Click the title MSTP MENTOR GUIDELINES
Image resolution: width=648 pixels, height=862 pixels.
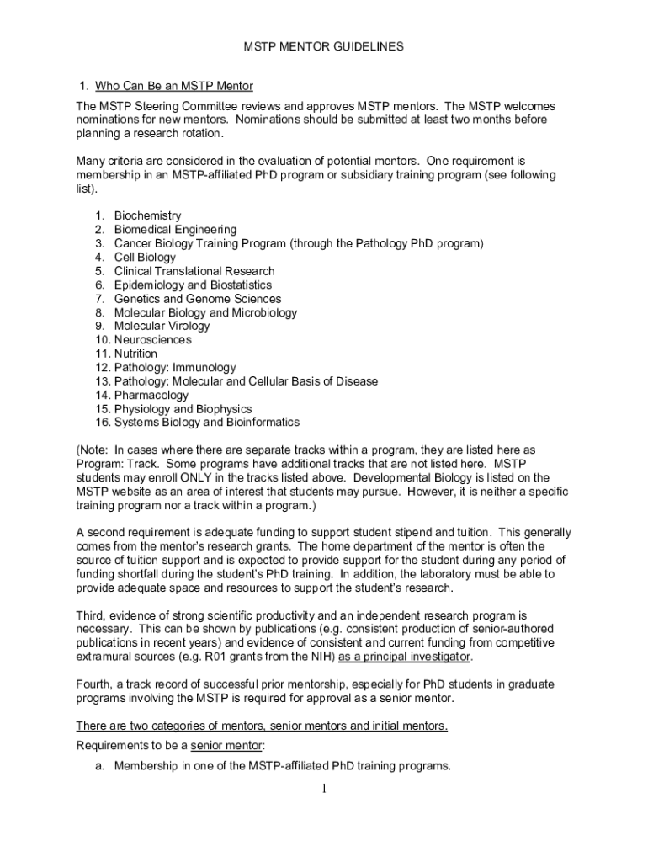click(x=323, y=47)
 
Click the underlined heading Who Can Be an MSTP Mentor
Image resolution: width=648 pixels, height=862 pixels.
click(x=173, y=86)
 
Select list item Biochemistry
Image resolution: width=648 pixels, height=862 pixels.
click(x=147, y=216)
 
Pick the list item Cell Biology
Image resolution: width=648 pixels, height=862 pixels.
click(x=145, y=258)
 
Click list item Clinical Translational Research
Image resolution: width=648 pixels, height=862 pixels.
click(x=194, y=271)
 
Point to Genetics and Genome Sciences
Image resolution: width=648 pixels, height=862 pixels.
click(x=197, y=299)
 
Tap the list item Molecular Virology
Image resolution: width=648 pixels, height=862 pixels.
click(x=162, y=326)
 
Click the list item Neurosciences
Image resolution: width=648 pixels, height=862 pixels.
click(x=152, y=340)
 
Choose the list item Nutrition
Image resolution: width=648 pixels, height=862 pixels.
click(x=135, y=354)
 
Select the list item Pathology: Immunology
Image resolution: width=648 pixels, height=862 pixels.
click(x=175, y=368)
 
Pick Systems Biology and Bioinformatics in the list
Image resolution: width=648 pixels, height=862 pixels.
click(x=206, y=423)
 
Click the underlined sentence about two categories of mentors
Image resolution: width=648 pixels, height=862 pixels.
click(x=262, y=726)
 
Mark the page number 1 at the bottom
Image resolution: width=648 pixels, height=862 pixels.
click(x=323, y=789)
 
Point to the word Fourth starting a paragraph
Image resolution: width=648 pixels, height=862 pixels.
click(x=94, y=684)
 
